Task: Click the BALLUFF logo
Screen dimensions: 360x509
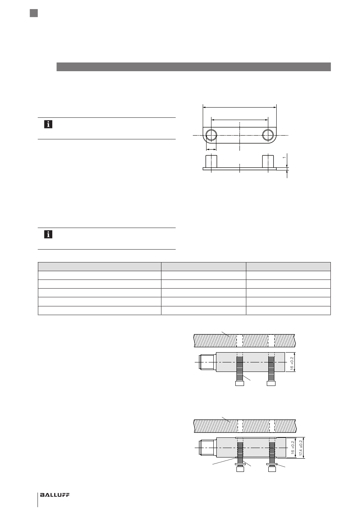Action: pyautogui.click(x=55, y=495)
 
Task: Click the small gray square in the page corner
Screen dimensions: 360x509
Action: pyautogui.click(x=34, y=13)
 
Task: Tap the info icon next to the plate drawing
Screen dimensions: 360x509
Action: pyautogui.click(x=48, y=124)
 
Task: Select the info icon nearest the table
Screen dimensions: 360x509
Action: pyautogui.click(x=48, y=234)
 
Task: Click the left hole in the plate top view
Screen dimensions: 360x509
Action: pyautogui.click(x=211, y=135)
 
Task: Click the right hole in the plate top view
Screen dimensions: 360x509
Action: pyautogui.click(x=268, y=135)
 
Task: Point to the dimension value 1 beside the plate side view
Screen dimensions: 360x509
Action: pyautogui.click(x=284, y=158)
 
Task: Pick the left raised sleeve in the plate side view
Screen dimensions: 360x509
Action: pyautogui.click(x=211, y=162)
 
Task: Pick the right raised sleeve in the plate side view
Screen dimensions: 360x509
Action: pyautogui.click(x=268, y=162)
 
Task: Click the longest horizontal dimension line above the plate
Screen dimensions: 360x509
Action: pyautogui.click(x=240, y=107)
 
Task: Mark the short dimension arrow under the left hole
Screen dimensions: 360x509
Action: pyautogui.click(x=211, y=149)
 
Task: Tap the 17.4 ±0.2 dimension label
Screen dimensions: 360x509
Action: pyautogui.click(x=301, y=448)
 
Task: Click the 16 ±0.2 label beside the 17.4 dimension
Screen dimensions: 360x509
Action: pyautogui.click(x=293, y=448)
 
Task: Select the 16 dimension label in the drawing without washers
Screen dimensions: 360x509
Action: pyautogui.click(x=292, y=364)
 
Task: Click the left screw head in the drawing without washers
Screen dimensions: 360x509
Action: pyautogui.click(x=240, y=383)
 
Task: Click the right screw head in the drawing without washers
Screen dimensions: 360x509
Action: pyautogui.click(x=271, y=383)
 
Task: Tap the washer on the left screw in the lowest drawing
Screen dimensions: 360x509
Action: pyautogui.click(x=240, y=464)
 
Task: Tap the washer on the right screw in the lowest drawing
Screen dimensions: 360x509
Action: pyautogui.click(x=272, y=464)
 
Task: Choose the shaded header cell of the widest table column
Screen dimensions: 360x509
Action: pyautogui.click(x=99, y=266)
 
